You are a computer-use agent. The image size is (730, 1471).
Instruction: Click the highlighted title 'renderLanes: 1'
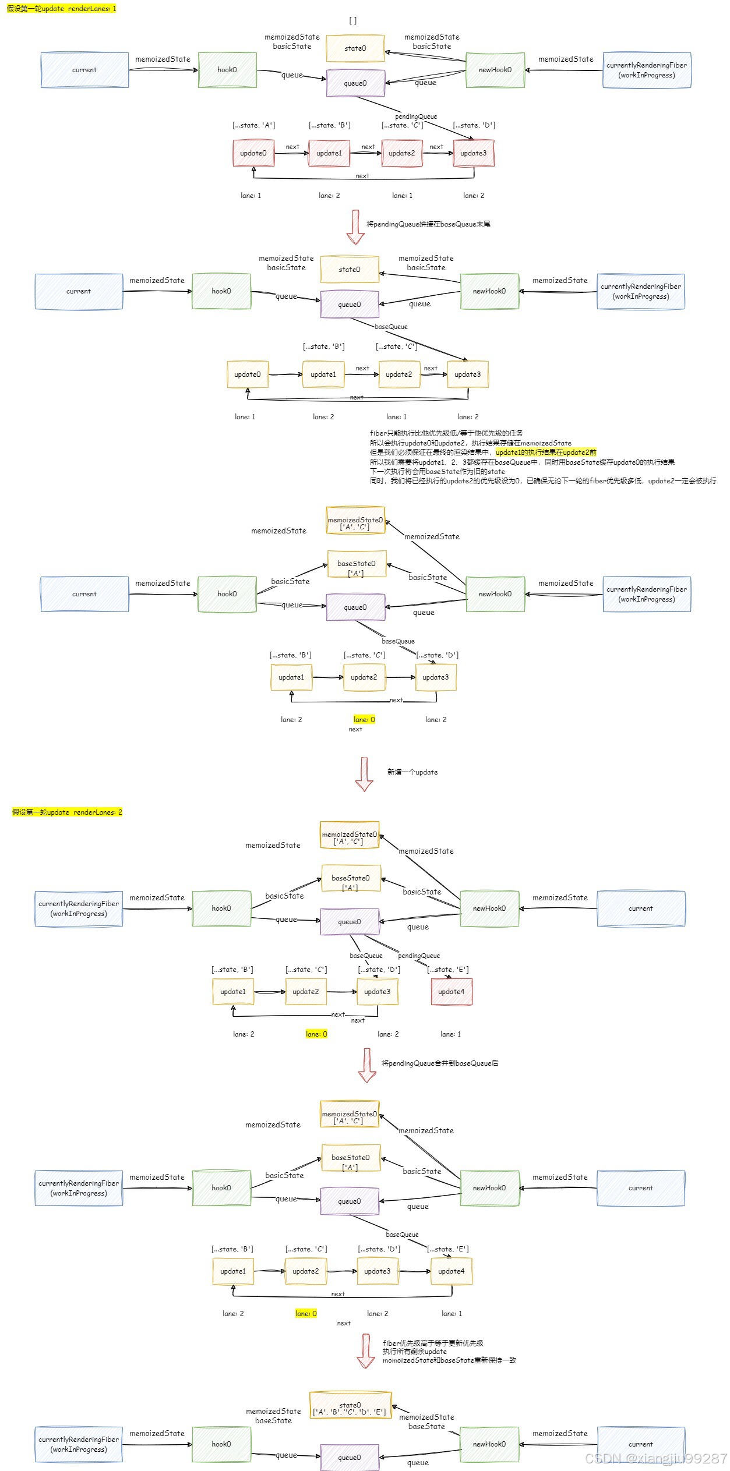61,9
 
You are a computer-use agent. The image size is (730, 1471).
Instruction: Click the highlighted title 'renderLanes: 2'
67,812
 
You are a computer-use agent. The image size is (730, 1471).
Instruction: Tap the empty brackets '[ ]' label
352,20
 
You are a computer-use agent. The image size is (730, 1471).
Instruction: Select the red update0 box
253,153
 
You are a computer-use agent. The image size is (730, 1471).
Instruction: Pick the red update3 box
473,153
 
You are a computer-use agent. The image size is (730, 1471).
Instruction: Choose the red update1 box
329,153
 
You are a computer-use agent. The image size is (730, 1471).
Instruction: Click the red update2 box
401,153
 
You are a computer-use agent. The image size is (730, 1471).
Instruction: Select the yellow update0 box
248,374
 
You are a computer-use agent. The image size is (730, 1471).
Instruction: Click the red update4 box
452,992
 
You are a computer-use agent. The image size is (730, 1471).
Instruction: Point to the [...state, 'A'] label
253,125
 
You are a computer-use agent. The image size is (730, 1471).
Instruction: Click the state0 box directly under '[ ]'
355,48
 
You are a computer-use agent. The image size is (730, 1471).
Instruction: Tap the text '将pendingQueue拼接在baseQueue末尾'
428,224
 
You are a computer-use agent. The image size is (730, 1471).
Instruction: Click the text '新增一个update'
412,772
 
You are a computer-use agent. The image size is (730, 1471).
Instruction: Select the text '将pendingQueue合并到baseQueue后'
440,1063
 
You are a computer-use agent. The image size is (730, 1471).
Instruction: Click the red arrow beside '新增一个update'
364,774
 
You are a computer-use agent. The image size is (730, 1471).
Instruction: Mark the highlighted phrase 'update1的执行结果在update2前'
546,452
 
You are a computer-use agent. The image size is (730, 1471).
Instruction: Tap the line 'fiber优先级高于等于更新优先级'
433,1343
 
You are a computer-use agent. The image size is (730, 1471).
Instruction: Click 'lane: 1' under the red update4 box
450,1034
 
